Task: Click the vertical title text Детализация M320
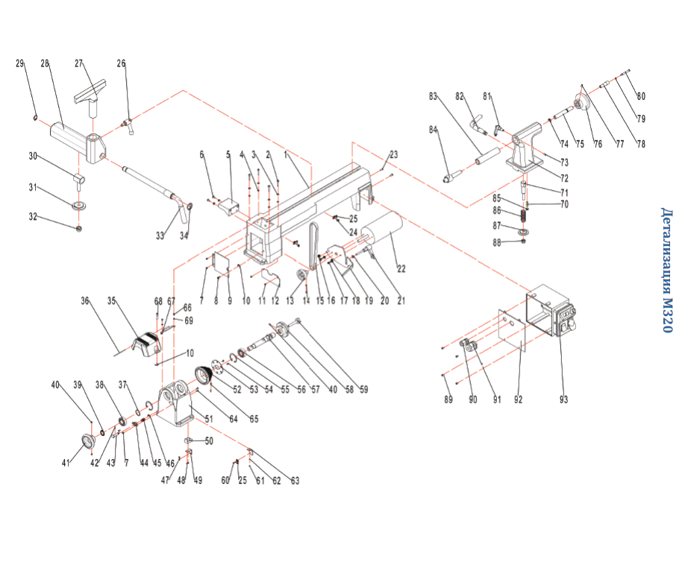click(x=667, y=270)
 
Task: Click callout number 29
click(x=20, y=63)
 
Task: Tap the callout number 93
click(x=563, y=400)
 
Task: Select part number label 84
click(x=433, y=130)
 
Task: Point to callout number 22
click(x=401, y=268)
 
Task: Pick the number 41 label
click(x=66, y=463)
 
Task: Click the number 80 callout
click(x=639, y=96)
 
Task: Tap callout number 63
click(x=295, y=481)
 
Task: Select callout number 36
click(x=85, y=301)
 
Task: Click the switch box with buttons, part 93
click(x=556, y=317)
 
